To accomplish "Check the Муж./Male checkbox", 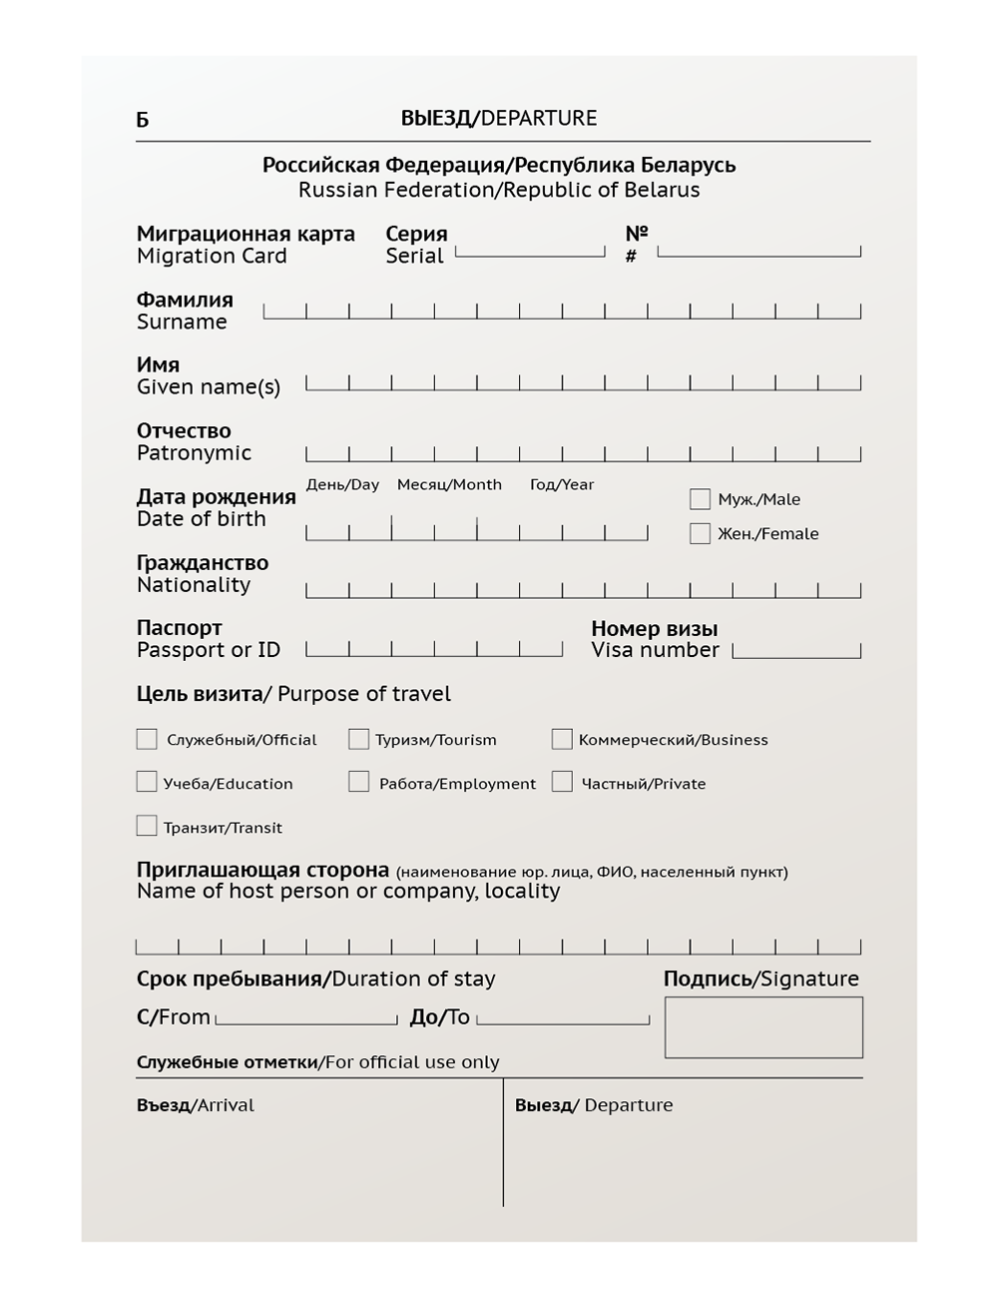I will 700,499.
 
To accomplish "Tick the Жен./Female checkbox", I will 700,533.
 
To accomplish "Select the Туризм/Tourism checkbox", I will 358,739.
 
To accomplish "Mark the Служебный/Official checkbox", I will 147,739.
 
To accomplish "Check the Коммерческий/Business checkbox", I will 562,739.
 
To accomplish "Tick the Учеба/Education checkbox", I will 147,782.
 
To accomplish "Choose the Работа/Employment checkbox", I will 358,782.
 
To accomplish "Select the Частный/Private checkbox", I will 562,782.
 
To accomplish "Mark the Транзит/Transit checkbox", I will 147,826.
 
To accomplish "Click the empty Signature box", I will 763,1027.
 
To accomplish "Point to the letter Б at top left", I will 143,121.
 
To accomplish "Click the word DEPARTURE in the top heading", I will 539,118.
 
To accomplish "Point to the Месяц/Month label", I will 449,484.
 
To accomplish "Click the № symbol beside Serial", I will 637,233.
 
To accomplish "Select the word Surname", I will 182,322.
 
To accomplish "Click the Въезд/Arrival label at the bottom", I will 196,1105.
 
